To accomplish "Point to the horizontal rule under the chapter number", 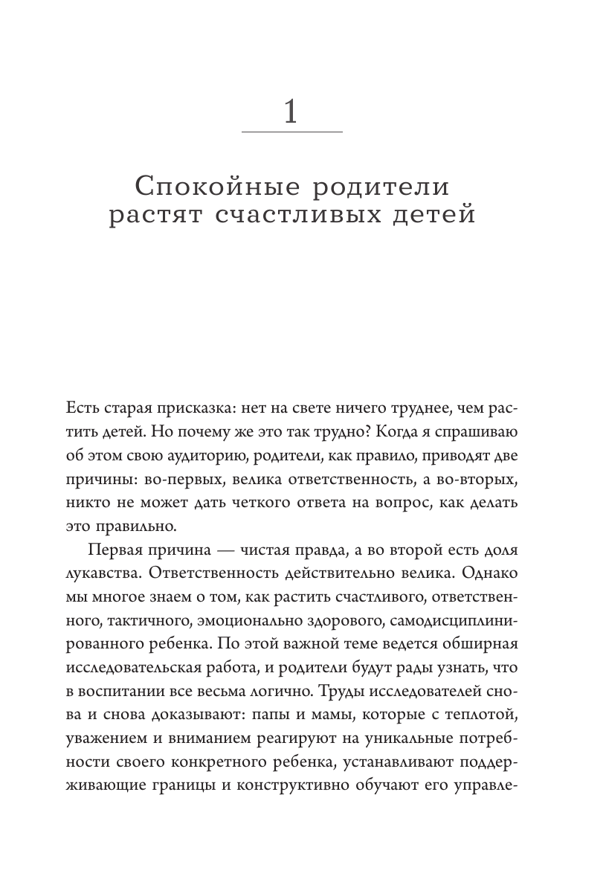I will coord(292,132).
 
